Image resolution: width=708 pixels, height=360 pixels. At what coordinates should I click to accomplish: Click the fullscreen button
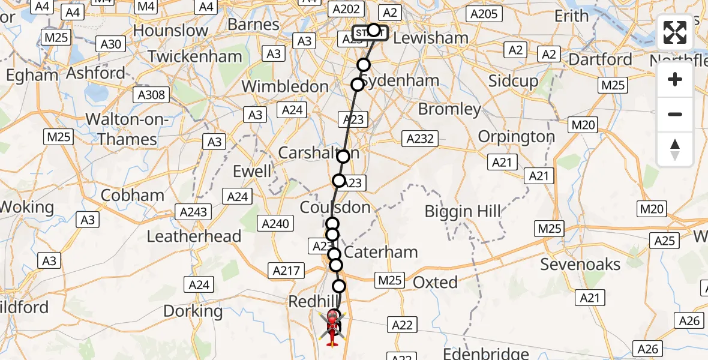[675, 32]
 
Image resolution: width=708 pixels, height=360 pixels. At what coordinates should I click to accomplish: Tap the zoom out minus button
[675, 114]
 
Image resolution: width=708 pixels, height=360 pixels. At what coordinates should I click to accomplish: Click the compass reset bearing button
[675, 149]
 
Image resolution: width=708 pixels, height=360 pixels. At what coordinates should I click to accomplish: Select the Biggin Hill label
[462, 211]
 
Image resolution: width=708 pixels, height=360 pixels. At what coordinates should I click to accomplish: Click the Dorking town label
[193, 311]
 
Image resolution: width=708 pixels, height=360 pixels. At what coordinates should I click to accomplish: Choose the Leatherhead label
[194, 236]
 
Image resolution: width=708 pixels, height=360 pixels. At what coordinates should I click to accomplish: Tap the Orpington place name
[517, 137]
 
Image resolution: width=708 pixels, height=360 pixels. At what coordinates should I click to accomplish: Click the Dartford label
[600, 59]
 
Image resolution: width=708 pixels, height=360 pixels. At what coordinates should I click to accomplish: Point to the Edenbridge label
[486, 353]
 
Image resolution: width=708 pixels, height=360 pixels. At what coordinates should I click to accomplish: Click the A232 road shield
[420, 139]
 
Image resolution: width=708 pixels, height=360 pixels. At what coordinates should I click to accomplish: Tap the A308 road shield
[153, 95]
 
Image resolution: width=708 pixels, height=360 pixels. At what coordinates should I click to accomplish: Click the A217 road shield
[286, 271]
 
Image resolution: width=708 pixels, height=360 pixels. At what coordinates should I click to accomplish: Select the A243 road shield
[193, 211]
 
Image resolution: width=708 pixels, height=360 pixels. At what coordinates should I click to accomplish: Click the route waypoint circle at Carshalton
[343, 157]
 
